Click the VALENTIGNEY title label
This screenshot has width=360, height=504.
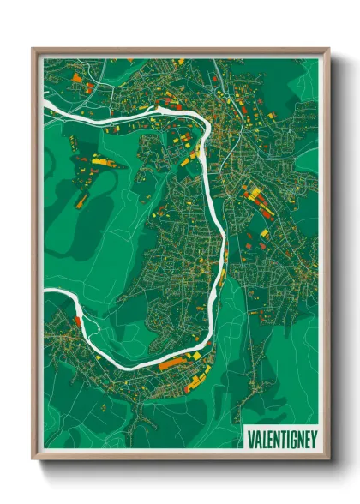[282, 439]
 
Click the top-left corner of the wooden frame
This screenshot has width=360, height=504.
[33, 48]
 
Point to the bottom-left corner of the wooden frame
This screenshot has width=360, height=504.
[33, 461]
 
